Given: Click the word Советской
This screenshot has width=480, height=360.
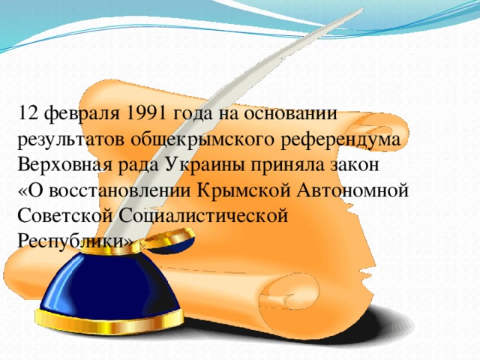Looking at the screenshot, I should pos(64,214).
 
